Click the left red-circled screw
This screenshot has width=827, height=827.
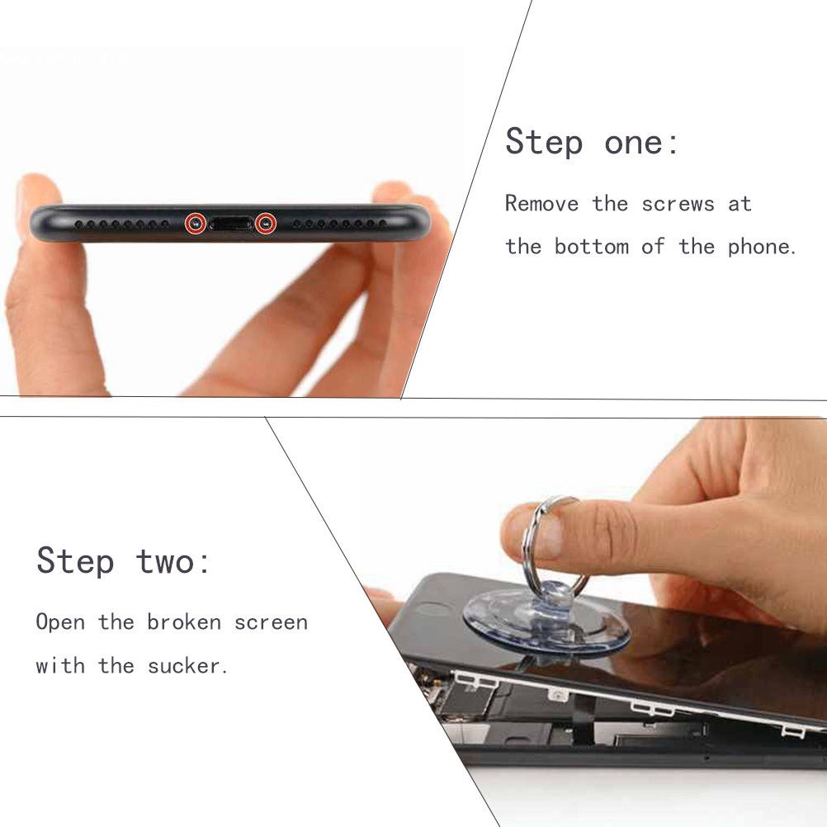point(195,224)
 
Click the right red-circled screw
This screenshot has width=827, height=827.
point(265,224)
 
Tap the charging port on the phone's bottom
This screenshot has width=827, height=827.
point(230,224)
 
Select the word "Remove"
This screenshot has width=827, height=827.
point(541,203)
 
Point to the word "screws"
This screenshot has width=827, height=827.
point(678,204)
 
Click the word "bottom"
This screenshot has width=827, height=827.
point(591,246)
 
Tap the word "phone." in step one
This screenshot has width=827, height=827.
point(762,246)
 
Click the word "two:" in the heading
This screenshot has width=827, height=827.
point(173,562)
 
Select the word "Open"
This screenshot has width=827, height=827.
point(60,622)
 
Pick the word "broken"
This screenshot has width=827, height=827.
point(184,621)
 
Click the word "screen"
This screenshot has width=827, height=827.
point(271,623)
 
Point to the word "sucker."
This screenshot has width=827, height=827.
point(187,665)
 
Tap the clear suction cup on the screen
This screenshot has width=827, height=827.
point(546,621)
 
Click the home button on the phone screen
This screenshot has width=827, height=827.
point(432,610)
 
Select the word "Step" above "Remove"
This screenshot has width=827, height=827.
point(544,141)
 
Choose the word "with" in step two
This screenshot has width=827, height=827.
point(60,665)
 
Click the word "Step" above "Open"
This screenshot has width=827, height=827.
point(75,560)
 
